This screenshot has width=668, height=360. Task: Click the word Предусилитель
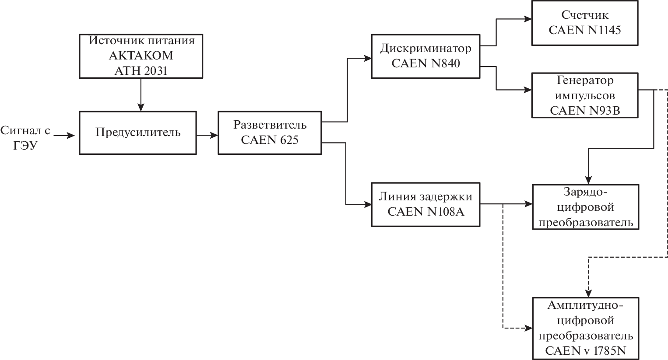tap(138, 132)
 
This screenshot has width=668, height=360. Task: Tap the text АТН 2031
tap(141, 71)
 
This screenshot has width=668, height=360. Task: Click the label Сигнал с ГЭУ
tap(25, 138)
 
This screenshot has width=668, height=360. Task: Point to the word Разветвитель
tap(270, 125)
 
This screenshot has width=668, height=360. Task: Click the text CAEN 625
tap(270, 140)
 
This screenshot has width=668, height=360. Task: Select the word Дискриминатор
tap(425, 48)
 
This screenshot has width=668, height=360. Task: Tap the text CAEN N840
tap(425, 63)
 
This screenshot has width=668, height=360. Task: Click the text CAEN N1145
tap(585, 30)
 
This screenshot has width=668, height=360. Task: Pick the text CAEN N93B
tap(585, 110)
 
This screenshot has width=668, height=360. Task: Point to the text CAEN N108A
tap(425, 212)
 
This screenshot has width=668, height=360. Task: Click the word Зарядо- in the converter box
tap(585, 192)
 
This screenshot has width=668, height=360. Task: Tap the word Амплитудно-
tap(585, 305)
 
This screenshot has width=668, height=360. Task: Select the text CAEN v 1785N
tap(585, 351)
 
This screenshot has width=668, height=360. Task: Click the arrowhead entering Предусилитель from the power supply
tap(141, 108)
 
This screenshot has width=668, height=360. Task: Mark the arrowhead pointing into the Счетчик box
tap(528, 19)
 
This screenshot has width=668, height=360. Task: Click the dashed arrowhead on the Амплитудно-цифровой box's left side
tap(528, 328)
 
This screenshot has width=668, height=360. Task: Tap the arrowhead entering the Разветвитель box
tap(214, 136)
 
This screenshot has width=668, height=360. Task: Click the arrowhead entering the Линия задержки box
tap(368, 204)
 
